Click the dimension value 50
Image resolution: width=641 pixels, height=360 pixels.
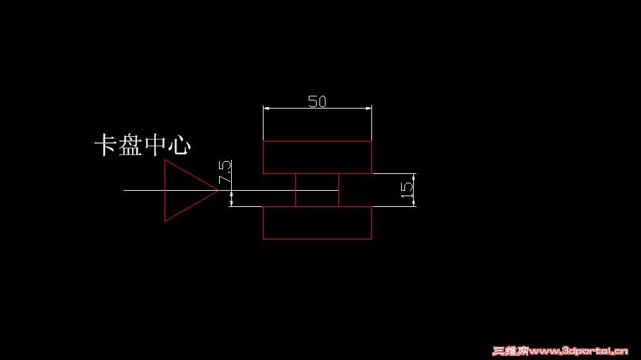[317, 101]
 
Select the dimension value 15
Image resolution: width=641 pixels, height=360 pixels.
[406, 190]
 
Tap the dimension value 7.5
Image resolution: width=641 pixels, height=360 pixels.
[225, 172]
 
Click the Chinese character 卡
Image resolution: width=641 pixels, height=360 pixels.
[105, 145]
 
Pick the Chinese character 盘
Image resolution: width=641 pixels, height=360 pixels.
[130, 145]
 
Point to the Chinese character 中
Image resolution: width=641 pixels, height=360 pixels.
[156, 145]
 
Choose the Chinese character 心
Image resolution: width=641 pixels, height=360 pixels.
[180, 145]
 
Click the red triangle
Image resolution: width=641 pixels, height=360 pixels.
[164, 190]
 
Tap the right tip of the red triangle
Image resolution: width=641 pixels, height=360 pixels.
[218, 190]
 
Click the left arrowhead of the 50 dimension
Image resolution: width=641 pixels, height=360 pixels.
[266, 109]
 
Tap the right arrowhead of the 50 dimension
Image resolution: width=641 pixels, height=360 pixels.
[369, 109]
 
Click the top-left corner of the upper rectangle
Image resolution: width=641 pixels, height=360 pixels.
[263, 141]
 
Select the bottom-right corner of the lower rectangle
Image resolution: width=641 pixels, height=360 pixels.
[372, 239]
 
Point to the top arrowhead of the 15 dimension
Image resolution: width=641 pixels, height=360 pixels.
[414, 177]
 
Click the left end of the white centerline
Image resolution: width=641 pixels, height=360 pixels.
[123, 190]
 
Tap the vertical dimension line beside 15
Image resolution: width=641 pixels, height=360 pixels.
[414, 190]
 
